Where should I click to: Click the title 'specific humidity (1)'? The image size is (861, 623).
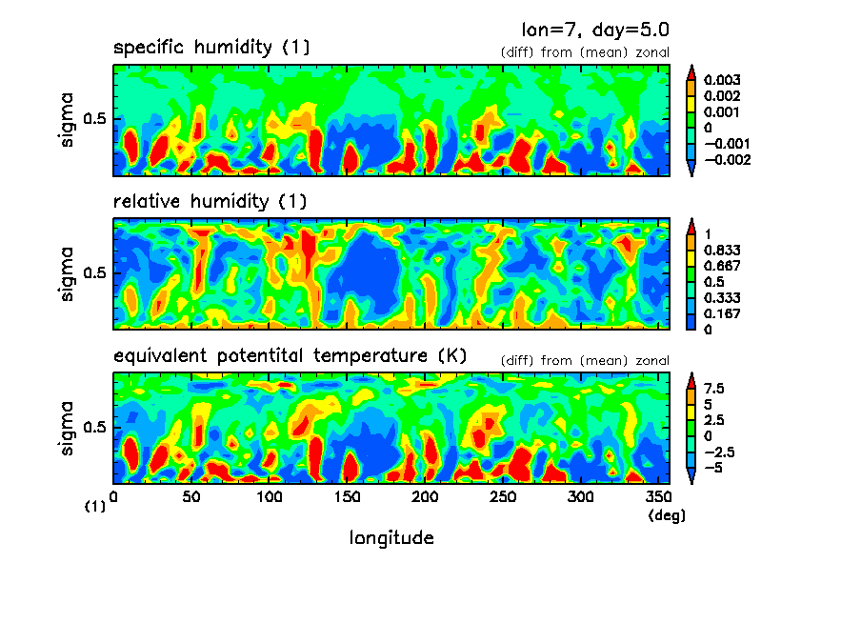211,48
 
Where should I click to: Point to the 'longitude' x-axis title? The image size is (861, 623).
391,538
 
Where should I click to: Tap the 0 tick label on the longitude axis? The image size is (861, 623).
114,497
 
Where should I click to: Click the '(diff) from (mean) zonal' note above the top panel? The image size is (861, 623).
585,52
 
